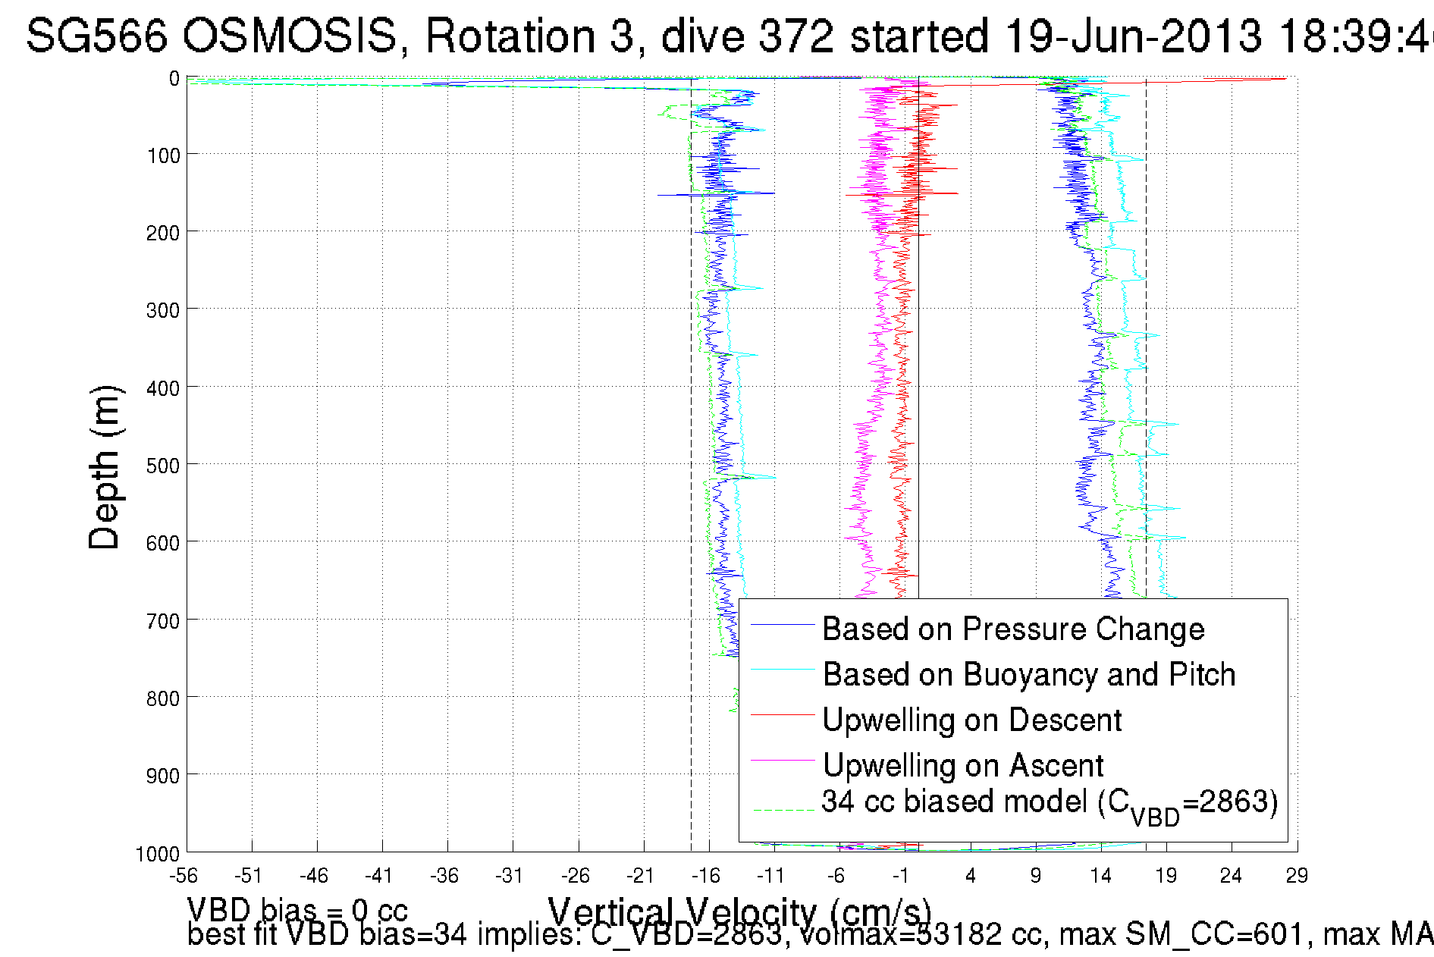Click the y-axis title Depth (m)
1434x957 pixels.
(104, 468)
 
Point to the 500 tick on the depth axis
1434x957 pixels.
(163, 466)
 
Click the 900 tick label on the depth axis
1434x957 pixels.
(163, 776)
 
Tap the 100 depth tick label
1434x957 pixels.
(163, 156)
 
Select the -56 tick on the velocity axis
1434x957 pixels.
(184, 876)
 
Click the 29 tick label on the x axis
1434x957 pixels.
(1297, 876)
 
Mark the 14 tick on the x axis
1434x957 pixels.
(1101, 876)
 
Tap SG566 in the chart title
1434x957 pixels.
(96, 36)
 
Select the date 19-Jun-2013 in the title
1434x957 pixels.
(1133, 36)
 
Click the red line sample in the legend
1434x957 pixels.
(782, 714)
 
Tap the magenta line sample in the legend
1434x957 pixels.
(782, 760)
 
